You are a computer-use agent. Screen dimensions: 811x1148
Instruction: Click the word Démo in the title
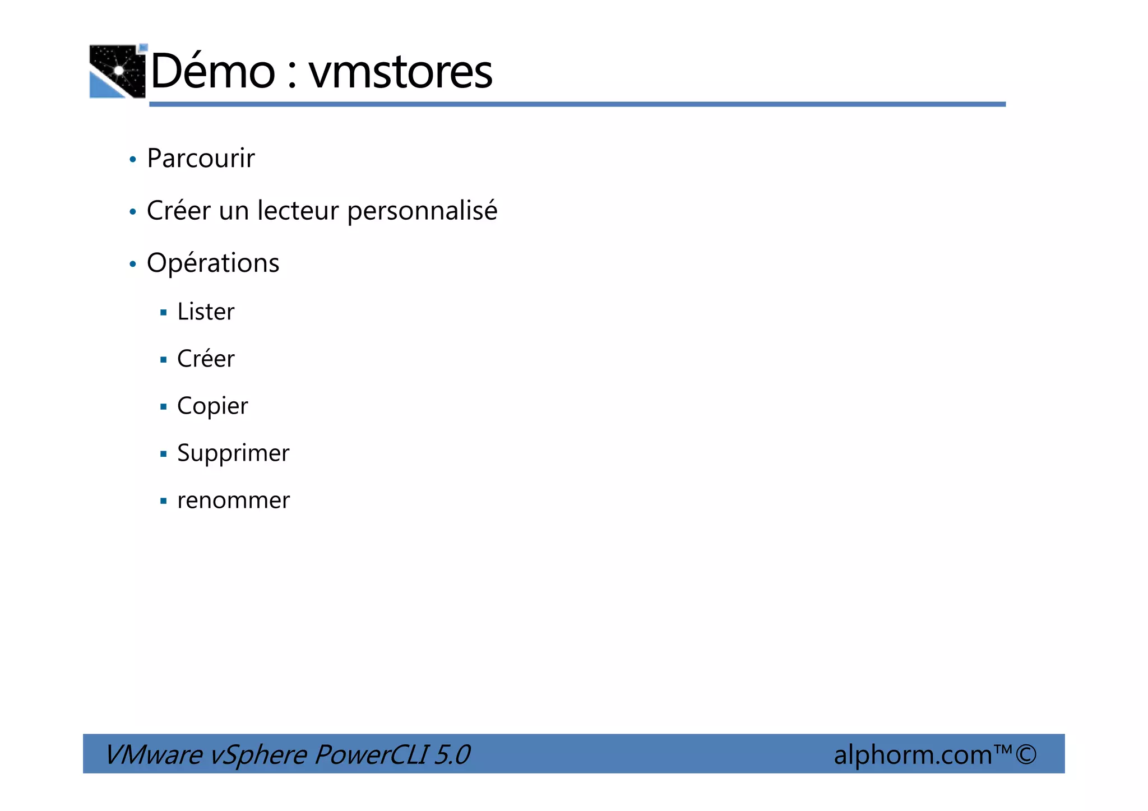[x=213, y=71]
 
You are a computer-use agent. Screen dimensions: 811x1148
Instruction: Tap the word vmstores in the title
[x=400, y=72]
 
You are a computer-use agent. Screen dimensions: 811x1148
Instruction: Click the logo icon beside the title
[x=118, y=71]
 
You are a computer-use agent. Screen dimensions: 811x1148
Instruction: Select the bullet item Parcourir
[x=201, y=158]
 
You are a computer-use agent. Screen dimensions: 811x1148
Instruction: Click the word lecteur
[x=298, y=211]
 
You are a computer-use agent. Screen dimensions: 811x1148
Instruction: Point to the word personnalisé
[x=422, y=212]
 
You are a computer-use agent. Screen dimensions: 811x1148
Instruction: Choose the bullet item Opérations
[x=213, y=263]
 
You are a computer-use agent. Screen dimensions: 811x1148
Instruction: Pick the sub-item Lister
[x=206, y=312]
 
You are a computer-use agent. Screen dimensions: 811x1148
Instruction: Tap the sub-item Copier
[x=212, y=406]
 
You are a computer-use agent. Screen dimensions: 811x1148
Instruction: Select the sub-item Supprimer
[x=233, y=453]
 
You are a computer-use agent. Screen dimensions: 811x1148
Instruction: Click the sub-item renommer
[x=233, y=500]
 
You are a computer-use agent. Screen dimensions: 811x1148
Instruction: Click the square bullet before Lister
[x=164, y=313]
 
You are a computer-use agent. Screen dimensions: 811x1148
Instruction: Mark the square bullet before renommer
[x=164, y=501]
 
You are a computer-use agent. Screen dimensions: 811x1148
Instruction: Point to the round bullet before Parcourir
[x=133, y=160]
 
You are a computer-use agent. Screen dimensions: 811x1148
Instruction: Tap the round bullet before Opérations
[x=133, y=264]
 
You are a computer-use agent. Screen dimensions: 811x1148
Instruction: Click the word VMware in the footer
[x=153, y=754]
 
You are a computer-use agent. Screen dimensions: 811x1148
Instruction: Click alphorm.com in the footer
[x=913, y=755]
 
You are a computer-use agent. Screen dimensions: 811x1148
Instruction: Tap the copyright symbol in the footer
[x=1026, y=754]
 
